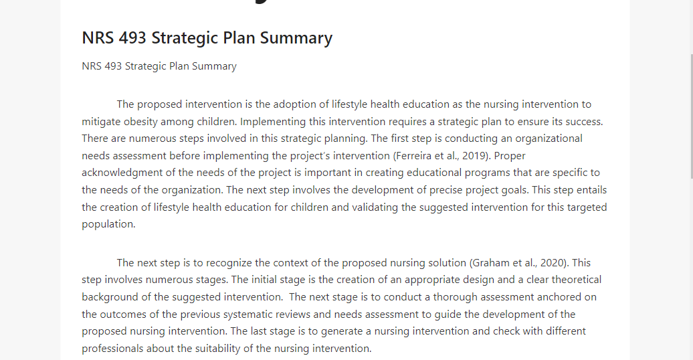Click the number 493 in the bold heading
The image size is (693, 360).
pos(132,38)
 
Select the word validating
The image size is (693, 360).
pos(375,207)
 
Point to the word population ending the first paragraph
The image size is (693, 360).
pos(108,224)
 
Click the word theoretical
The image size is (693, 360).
pos(577,280)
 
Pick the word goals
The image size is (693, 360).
pos(514,190)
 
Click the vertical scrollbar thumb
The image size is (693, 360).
pos(692,116)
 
